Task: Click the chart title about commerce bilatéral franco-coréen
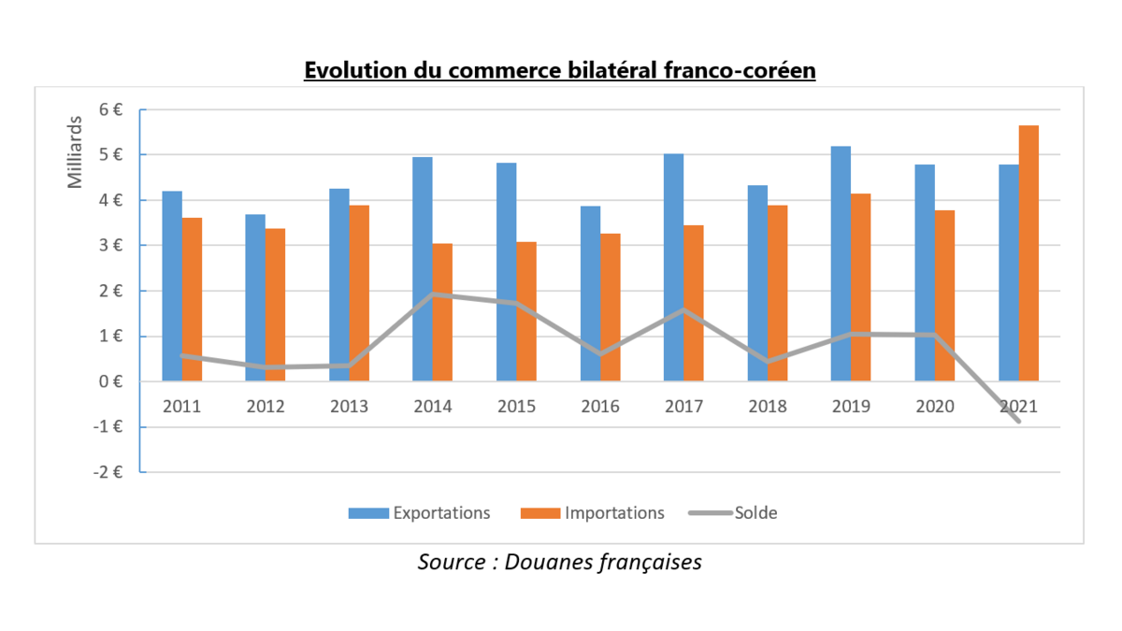click(560, 71)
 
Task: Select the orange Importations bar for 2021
click(1028, 252)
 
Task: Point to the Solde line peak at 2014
click(433, 294)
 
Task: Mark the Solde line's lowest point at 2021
click(1017, 421)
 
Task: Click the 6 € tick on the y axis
click(111, 109)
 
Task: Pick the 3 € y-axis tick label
click(111, 246)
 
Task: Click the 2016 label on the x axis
click(600, 407)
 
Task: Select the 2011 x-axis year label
click(182, 407)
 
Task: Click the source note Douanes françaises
click(559, 562)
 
